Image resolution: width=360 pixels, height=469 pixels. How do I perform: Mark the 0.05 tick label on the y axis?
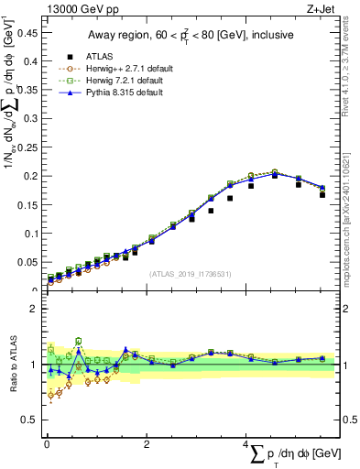click(x=27, y=262)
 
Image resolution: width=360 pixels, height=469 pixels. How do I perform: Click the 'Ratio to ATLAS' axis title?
click(x=12, y=365)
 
